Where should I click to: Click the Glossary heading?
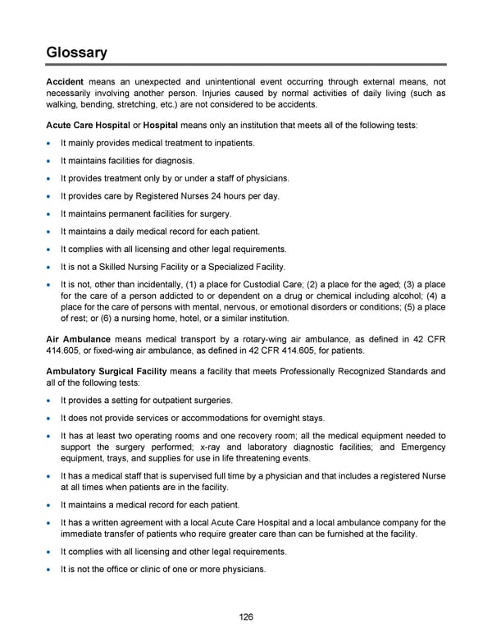tap(76, 53)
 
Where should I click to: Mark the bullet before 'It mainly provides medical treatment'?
tap(51, 144)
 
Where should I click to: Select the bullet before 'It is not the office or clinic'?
tap(51, 570)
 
